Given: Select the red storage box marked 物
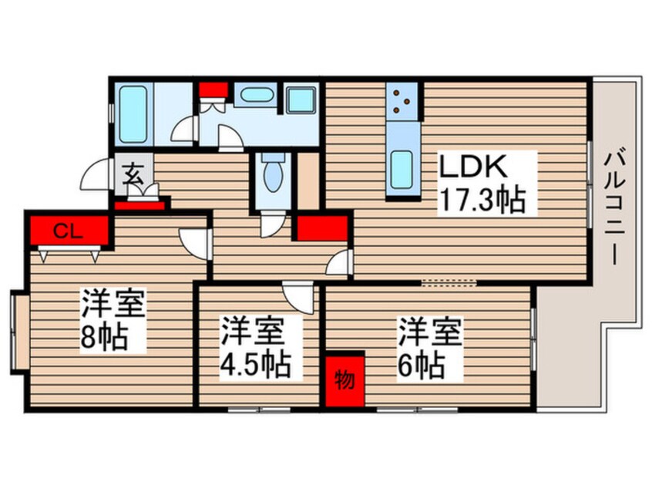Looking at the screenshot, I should (344, 381).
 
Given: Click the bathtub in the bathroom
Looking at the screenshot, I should (133, 114).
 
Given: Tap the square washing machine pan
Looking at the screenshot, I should (301, 100).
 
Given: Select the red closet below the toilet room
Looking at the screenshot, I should (321, 227).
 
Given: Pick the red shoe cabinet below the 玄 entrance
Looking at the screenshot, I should (139, 205).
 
